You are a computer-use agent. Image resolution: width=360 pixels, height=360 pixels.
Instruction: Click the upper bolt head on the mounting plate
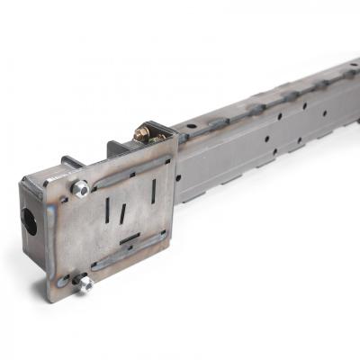[80, 187]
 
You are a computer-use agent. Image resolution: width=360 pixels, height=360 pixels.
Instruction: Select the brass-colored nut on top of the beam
[142, 134]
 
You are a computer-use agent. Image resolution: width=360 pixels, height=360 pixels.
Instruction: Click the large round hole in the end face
[30, 220]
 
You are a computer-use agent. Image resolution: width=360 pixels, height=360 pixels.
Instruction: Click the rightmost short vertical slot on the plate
[154, 192]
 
